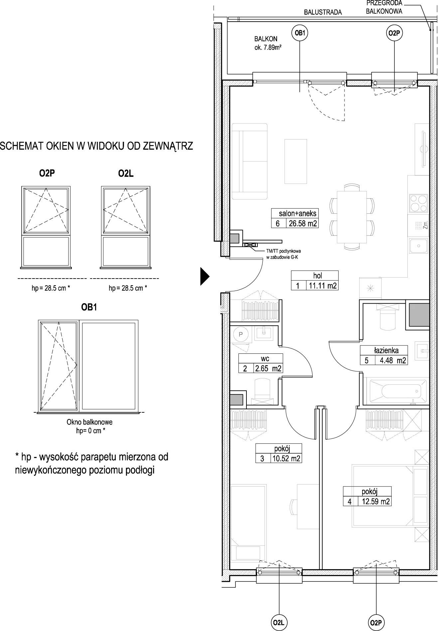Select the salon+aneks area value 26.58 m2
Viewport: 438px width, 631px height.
click(302, 223)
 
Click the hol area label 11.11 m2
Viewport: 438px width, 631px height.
click(322, 286)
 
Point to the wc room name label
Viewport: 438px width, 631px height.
click(265, 358)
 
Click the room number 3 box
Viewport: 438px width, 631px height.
click(262, 459)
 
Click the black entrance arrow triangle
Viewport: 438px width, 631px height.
click(205, 276)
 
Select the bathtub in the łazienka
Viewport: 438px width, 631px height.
click(395, 391)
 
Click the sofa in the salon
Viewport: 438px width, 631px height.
click(250, 161)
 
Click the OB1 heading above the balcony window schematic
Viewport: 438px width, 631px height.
click(89, 308)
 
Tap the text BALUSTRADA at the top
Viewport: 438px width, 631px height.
click(323, 12)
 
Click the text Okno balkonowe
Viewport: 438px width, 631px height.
click(89, 422)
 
